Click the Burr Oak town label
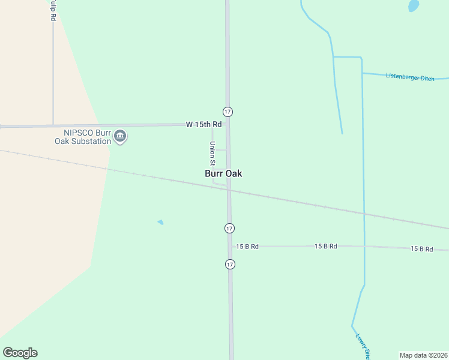pyautogui.click(x=223, y=173)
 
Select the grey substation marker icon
pyautogui.click(x=120, y=137)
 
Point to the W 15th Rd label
pyautogui.click(x=203, y=124)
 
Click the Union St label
pyautogui.click(x=212, y=153)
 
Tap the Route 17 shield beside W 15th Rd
pyautogui.click(x=228, y=112)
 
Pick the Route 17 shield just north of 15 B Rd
pyautogui.click(x=229, y=228)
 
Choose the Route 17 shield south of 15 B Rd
pyautogui.click(x=230, y=264)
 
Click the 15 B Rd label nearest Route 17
pyautogui.click(x=247, y=247)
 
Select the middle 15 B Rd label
pyautogui.click(x=326, y=247)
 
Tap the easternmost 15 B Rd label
pyautogui.click(x=421, y=248)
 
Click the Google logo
pyautogui.click(x=20, y=353)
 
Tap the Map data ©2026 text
pyautogui.click(x=423, y=355)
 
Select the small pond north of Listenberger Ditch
pyautogui.click(x=414, y=5)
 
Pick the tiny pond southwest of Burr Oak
pyautogui.click(x=160, y=222)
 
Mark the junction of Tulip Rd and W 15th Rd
pyautogui.click(x=53, y=125)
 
